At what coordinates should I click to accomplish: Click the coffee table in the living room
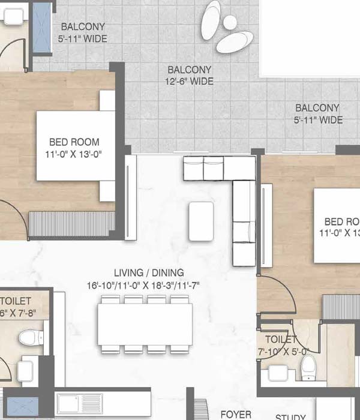click(200, 221)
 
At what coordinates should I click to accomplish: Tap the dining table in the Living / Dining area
click(146, 323)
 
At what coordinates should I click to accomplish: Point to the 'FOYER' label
click(236, 414)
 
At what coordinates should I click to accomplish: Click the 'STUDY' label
click(290, 416)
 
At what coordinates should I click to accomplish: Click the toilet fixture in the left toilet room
click(28, 337)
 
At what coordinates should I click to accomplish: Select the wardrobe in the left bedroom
click(72, 223)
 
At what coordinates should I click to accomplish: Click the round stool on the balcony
click(229, 23)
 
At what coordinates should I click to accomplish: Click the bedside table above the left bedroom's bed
click(107, 101)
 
